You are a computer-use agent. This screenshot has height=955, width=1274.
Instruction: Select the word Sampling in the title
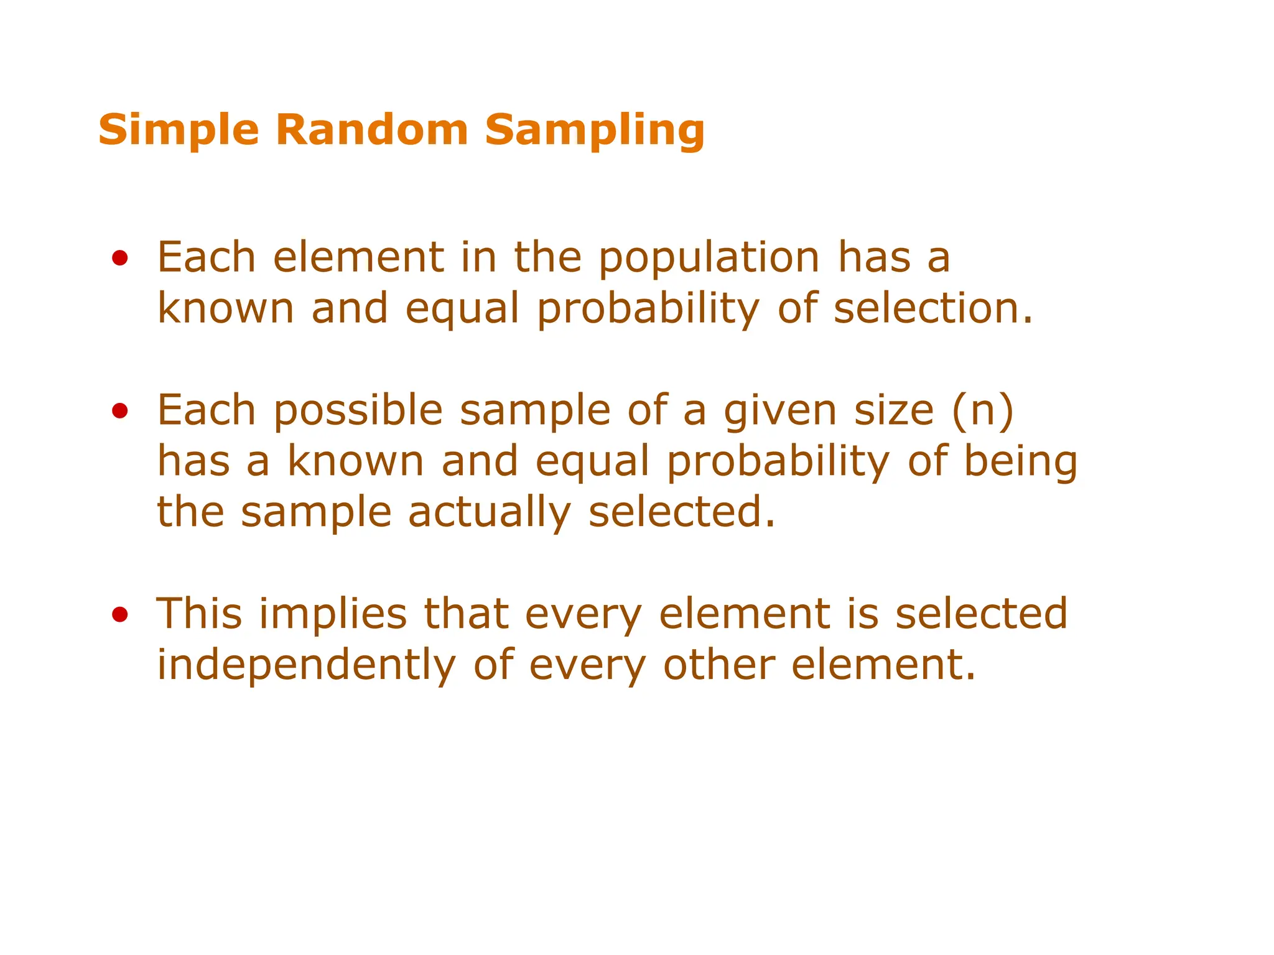pos(595,131)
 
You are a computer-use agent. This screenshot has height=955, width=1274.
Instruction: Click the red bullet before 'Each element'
pos(120,258)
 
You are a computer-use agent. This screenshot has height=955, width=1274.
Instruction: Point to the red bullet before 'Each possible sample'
pos(120,411)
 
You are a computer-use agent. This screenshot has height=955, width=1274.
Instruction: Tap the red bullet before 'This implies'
pos(120,615)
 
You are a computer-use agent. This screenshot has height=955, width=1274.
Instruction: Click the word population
pos(709,259)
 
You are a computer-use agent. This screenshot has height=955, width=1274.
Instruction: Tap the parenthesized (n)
pos(983,410)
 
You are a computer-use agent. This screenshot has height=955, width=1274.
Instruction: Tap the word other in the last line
pos(719,665)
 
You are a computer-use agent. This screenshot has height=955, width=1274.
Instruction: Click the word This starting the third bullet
pos(199,614)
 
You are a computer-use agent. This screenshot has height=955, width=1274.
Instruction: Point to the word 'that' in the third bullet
pos(466,614)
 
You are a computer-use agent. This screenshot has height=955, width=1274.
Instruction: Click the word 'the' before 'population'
pos(547,257)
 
